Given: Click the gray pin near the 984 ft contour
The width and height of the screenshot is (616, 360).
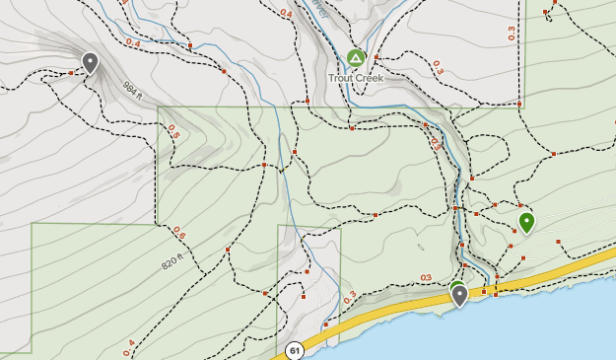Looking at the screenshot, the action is (91, 63).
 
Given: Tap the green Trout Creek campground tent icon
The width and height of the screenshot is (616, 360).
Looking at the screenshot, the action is (356, 59).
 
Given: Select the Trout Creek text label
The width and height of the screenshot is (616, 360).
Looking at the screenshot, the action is (356, 77).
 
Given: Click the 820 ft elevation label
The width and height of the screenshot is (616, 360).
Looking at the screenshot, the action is (173, 263).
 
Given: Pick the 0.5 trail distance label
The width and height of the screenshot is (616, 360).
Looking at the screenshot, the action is (173, 130).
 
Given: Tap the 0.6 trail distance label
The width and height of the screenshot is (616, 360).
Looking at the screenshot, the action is (178, 233).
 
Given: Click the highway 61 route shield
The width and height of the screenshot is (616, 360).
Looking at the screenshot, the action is (295, 350).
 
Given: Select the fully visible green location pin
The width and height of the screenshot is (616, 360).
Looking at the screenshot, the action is (526, 222).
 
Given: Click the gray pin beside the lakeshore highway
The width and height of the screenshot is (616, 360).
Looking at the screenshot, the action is (459, 295).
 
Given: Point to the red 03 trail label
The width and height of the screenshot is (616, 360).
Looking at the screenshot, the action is (426, 277).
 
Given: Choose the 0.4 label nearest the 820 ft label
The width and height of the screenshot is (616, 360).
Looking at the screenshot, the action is (130, 346).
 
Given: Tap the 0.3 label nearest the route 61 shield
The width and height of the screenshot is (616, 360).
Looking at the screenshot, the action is (352, 295).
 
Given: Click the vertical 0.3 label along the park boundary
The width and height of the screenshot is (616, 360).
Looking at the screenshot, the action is (511, 34).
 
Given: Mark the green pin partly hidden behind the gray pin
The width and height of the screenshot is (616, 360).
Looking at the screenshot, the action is (456, 285).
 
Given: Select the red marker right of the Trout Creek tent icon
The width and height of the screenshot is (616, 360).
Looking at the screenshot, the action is (375, 57).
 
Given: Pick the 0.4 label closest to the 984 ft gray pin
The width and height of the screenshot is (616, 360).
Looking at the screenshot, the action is (132, 44).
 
